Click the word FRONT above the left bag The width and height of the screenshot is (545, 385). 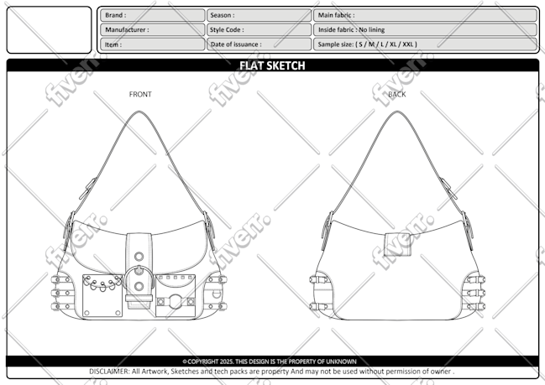tap(140, 95)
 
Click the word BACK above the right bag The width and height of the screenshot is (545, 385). tap(397, 95)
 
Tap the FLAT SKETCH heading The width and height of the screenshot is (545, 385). tap(272, 65)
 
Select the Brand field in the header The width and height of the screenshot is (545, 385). tap(153, 15)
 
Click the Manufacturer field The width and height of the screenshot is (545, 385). tap(153, 30)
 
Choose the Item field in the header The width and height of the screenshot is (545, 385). tap(153, 44)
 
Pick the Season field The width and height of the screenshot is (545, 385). tap(259, 15)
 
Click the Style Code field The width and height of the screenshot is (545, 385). tap(259, 30)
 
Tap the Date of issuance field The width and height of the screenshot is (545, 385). tap(259, 44)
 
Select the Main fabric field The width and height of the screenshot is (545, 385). tap(426, 15)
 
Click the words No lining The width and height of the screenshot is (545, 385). tap(371, 30)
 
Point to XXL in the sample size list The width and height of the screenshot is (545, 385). tap(408, 44)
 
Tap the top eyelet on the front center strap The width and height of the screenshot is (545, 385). tap(139, 257)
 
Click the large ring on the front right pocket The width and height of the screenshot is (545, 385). tap(176, 302)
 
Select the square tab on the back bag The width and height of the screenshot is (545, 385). tap(398, 245)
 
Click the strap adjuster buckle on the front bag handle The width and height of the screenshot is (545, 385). tap(88, 189)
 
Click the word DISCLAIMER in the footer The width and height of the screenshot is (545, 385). tap(109, 372)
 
